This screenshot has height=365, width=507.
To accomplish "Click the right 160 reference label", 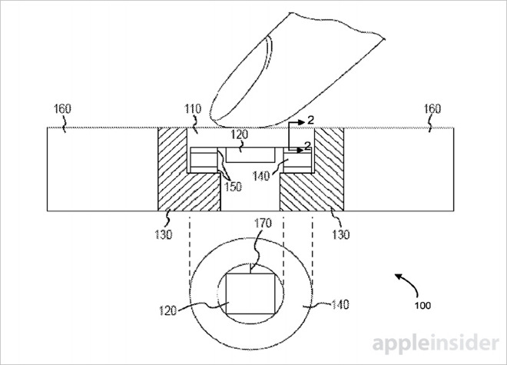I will tap(432, 109).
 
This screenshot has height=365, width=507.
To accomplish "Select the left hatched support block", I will tap(172, 169).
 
